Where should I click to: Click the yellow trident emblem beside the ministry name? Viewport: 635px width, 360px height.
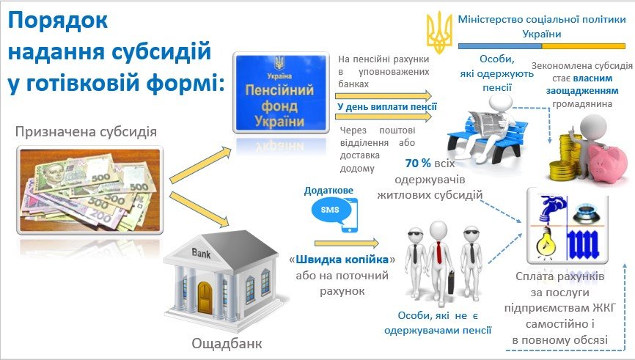coord(439,32)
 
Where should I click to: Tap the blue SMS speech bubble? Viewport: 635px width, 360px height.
coord(330,210)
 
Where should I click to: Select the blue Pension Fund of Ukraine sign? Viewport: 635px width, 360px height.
coord(281,92)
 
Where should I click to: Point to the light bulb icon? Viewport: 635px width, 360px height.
coord(545,242)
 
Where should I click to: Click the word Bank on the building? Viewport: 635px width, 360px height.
coord(201,253)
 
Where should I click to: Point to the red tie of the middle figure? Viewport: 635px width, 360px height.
coord(438,252)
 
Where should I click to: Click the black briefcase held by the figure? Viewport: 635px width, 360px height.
coord(451,283)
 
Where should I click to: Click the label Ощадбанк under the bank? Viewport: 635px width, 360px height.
coord(227,343)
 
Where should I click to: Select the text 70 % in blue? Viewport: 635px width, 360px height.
coord(418,164)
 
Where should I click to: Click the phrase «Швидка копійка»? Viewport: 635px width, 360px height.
coord(342,259)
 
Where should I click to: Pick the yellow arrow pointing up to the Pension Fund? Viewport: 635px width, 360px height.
coord(200,166)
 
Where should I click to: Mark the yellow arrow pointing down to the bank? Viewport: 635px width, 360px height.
coord(199,209)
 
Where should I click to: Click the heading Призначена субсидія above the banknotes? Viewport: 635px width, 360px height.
coord(86,131)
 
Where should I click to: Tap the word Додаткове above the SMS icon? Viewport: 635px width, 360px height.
coord(328,191)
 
